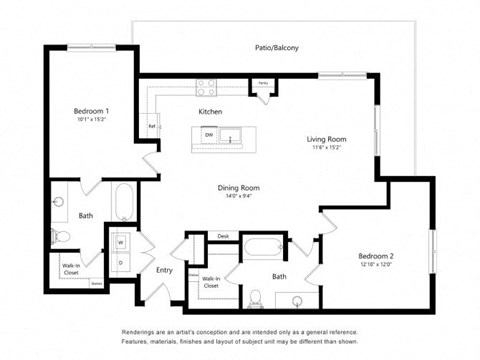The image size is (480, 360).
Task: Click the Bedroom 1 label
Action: [91, 110]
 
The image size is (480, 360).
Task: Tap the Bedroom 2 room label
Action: [378, 256]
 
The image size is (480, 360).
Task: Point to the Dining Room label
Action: [239, 187]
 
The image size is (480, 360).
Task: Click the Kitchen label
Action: [210, 111]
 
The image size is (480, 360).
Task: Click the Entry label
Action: [164, 270]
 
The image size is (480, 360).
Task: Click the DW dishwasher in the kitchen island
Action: [206, 134]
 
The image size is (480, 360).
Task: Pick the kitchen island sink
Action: [232, 136]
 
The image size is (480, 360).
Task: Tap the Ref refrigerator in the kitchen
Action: [152, 127]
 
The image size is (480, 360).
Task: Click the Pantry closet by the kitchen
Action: [262, 87]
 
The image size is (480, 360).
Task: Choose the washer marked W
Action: [120, 241]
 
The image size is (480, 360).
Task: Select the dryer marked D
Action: [120, 263]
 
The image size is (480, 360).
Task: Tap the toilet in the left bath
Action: [60, 237]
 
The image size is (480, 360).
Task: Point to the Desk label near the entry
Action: [222, 236]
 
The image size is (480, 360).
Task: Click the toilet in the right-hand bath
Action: [257, 297]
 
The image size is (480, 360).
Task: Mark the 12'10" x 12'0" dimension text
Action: [378, 265]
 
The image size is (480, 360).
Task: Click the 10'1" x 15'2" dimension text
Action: [91, 119]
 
